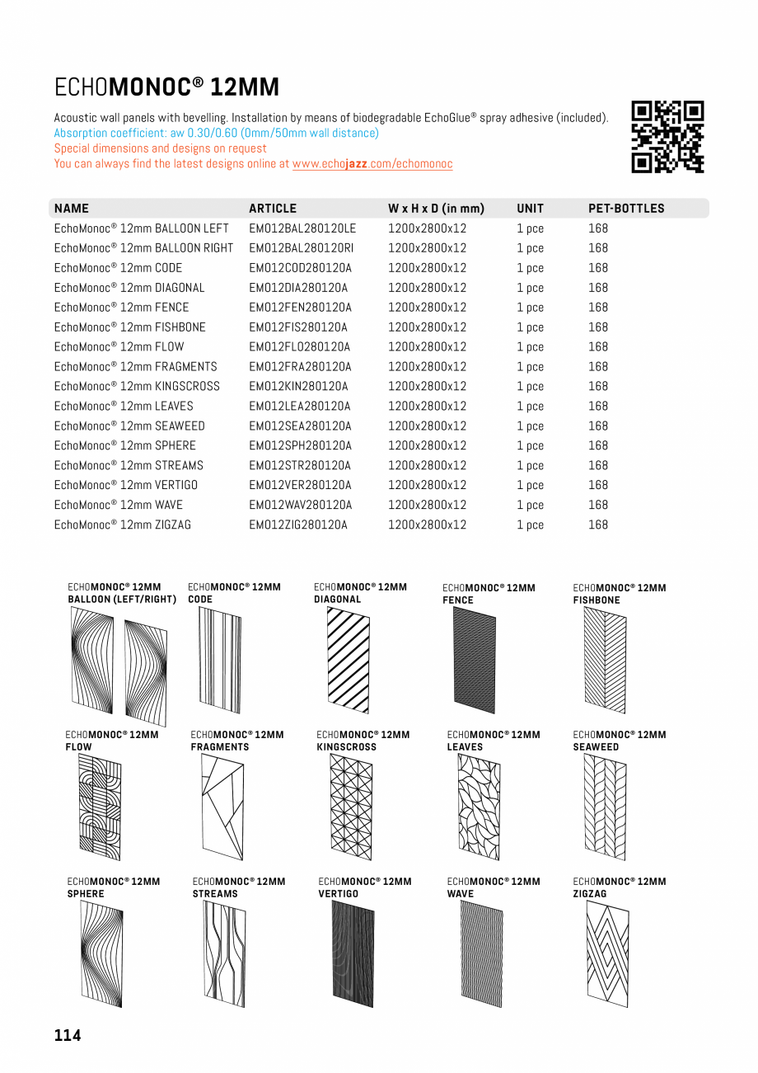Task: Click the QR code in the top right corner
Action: click(x=667, y=137)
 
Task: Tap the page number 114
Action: click(x=68, y=1035)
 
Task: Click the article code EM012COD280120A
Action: click(x=300, y=268)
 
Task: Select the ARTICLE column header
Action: click(x=273, y=209)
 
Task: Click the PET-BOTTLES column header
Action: click(x=626, y=209)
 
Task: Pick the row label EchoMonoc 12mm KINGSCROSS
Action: click(x=137, y=387)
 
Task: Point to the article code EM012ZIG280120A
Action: click(x=298, y=525)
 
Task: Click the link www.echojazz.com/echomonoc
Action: click(x=372, y=164)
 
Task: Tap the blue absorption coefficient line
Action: click(x=216, y=133)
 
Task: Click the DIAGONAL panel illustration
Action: click(x=348, y=660)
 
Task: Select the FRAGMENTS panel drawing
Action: click(x=222, y=807)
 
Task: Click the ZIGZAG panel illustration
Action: click(x=607, y=953)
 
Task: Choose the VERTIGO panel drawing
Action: click(x=353, y=953)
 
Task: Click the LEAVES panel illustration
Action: click(x=479, y=807)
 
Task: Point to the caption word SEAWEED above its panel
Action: click(x=596, y=747)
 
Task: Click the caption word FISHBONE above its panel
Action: click(x=597, y=600)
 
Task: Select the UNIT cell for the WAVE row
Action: click(x=530, y=506)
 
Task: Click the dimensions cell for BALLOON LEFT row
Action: click(x=427, y=228)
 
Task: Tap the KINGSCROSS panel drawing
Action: click(x=351, y=807)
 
